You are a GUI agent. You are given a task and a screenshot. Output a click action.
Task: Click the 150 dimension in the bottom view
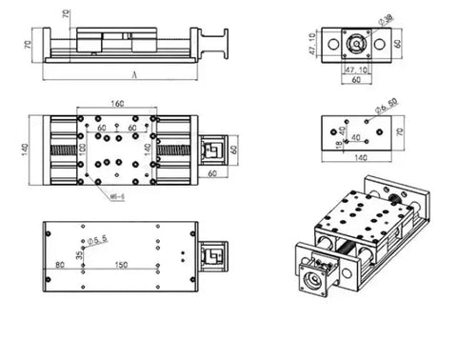tap(122, 264)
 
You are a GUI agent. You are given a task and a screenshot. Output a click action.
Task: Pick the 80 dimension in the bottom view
tap(62, 264)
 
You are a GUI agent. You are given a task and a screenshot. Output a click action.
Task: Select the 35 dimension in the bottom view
tap(80, 254)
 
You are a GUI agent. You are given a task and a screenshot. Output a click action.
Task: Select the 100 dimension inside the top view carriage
tap(83, 148)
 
